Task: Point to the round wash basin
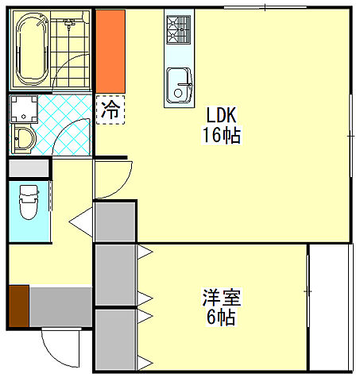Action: tap(21, 139)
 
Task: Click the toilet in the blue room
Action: tap(29, 202)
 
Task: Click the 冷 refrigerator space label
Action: tap(110, 110)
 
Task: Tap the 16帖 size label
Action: tap(223, 134)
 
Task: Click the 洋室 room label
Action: tap(220, 299)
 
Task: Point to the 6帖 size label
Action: tap(220, 319)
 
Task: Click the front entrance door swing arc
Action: tap(60, 345)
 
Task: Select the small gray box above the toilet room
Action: tap(29, 168)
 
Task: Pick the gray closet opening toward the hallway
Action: tap(114, 221)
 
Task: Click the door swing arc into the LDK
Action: tap(112, 179)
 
